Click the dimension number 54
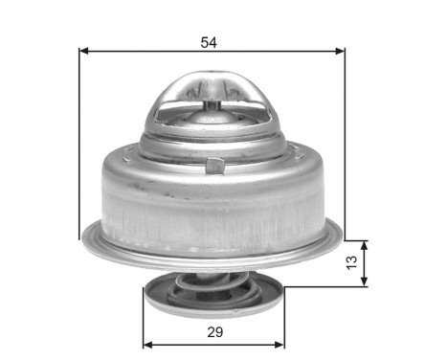point(209,42)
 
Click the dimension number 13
point(352,259)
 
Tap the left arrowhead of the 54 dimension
point(83,50)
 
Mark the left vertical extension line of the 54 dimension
point(78,144)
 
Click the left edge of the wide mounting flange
point(84,233)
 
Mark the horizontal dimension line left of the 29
point(172,344)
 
